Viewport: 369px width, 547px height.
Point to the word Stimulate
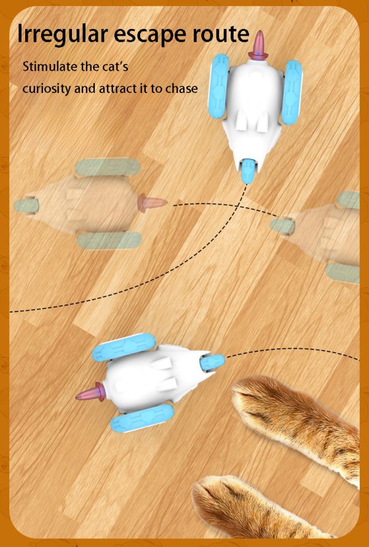52,66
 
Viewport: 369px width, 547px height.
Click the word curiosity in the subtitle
47,88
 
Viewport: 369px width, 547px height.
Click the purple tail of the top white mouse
260,44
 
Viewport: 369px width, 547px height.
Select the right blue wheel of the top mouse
291,92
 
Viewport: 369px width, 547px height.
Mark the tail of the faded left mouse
151,202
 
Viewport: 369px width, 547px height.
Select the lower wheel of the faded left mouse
109,240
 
